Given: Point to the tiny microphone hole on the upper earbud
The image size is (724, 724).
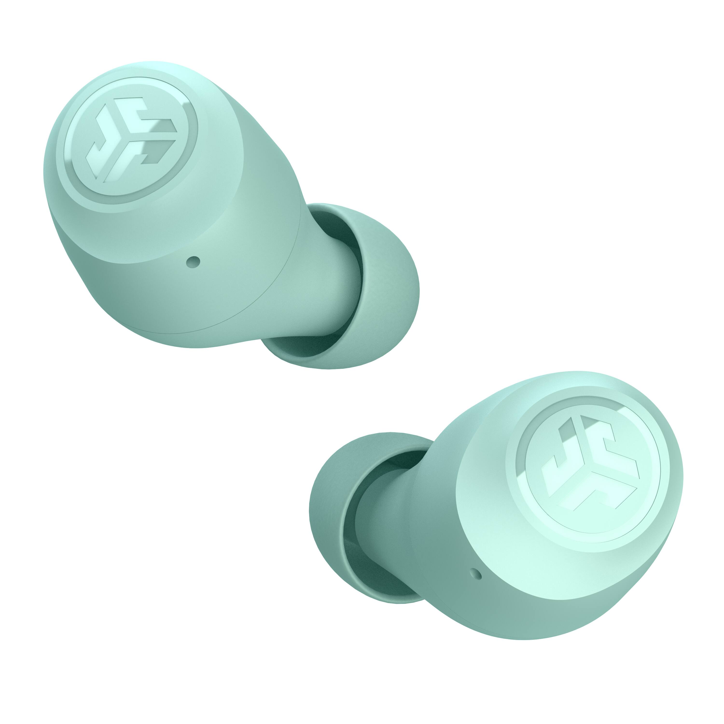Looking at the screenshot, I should [x=194, y=261].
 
